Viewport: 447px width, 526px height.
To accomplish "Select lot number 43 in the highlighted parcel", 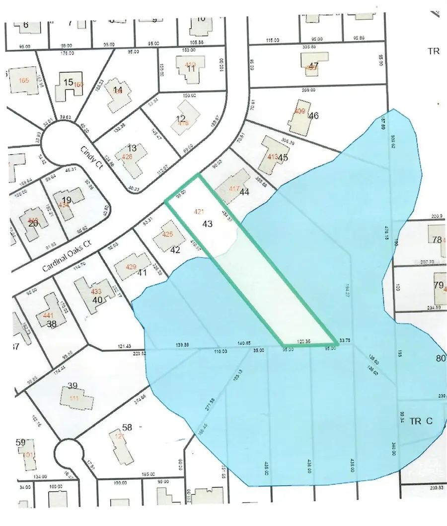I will click(208, 224).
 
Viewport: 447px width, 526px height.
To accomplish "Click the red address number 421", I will click(199, 212).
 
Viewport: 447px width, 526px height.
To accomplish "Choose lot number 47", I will click(313, 66).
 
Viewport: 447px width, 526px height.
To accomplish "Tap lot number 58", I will click(127, 427).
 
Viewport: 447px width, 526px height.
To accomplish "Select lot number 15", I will click(69, 82).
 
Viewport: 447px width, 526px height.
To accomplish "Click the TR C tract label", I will click(422, 421).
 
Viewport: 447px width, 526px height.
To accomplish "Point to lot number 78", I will click(437, 240).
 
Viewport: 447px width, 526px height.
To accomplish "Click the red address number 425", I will click(167, 234).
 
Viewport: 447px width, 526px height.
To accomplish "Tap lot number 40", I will click(97, 300).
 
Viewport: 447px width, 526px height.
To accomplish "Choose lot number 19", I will click(67, 201).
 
